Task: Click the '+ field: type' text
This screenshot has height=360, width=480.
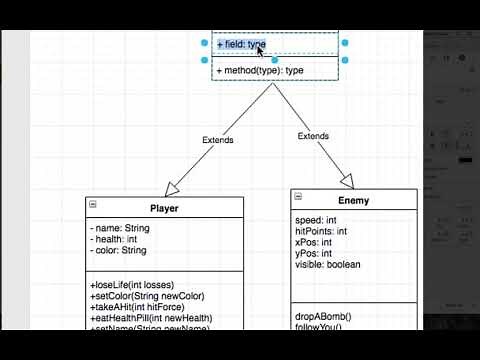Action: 241,45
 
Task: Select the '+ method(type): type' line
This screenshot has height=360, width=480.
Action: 259,71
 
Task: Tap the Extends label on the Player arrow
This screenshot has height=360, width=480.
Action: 217,140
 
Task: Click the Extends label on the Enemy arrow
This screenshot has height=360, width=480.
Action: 313,136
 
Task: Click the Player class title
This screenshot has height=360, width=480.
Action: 164,208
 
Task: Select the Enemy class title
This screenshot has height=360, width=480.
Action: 353,200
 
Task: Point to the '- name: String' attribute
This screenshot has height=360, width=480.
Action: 119,228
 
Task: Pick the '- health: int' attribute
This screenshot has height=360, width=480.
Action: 113,239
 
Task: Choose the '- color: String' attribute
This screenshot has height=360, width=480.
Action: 117,251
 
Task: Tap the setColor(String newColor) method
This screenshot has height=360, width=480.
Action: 147,296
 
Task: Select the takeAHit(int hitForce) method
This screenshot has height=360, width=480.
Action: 141,307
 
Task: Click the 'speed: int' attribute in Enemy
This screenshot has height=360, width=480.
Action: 316,220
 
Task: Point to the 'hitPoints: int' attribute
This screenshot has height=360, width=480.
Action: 321,231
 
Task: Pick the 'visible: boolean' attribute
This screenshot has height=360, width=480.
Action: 328,264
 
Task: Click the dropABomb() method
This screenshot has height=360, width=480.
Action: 323,317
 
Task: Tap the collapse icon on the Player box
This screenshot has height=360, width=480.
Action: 93,204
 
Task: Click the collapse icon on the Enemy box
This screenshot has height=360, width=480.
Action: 299,196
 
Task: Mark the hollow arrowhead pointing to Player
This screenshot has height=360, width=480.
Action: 174,188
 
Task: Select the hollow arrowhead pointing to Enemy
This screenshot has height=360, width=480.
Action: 346,181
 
